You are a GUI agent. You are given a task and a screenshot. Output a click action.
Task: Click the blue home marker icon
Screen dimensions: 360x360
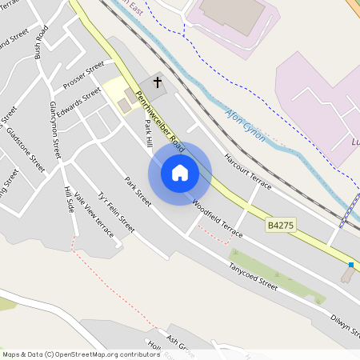pos(180,173)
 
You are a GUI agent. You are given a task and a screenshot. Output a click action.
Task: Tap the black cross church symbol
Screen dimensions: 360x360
pos(158,82)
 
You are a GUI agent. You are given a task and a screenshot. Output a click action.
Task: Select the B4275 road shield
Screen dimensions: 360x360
pos(281,226)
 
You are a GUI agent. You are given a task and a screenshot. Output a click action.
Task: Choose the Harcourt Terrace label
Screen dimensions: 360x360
pos(247,172)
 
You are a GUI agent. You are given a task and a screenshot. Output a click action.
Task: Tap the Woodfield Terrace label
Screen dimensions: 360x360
pos(217,218)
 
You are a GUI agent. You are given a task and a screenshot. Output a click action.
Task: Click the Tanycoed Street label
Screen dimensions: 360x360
pos(253,277)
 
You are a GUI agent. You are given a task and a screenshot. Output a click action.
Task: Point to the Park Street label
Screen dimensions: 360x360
pos(138,191)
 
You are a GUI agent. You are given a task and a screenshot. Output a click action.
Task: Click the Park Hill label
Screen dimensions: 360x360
pos(148,134)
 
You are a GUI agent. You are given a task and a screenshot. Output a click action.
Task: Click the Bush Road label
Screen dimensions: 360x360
pos(42,47)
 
